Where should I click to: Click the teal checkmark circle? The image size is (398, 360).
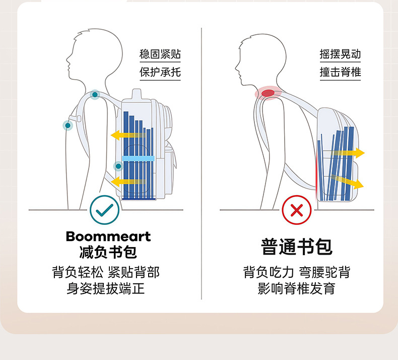pos(105,210)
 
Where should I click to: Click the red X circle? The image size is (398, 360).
pos(297,210)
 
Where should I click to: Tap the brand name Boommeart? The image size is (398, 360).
pos(108,236)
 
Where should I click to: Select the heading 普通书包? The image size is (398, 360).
pos(297,247)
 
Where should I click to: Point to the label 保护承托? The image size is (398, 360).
pos(160,72)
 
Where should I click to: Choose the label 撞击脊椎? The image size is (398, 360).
pos(340,72)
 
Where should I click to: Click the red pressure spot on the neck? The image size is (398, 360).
pos(268,93)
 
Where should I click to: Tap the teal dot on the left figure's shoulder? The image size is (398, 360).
pos(95,94)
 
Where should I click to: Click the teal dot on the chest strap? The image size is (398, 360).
pos(67,125)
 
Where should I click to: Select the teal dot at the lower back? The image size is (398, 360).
pos(118,165)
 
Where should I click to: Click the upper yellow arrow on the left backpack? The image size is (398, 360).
pos(126,135)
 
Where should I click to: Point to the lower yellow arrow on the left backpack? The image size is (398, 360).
pos(126,181)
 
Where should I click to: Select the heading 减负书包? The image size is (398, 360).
pos(108,252)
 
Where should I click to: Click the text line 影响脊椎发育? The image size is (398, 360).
pos(297,289)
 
